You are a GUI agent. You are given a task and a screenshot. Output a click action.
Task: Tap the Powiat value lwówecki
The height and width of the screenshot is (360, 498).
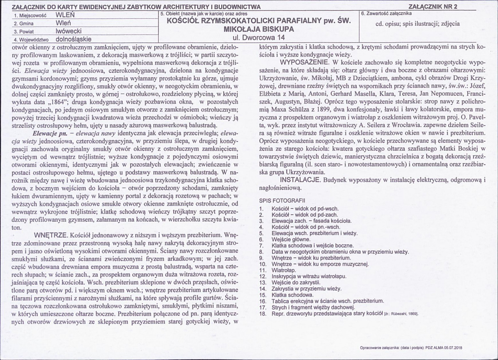click(x=69, y=31)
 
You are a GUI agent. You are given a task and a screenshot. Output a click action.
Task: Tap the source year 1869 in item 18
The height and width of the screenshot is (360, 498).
click(x=413, y=313)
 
